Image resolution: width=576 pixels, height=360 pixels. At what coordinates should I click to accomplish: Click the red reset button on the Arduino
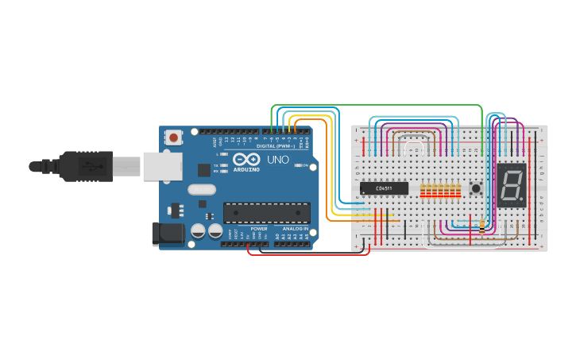(173, 137)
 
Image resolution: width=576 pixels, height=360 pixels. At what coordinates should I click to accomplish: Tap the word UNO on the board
(277, 160)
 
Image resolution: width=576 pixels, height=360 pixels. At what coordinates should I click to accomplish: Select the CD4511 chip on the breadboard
(384, 188)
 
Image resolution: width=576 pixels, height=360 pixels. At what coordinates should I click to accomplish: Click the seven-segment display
(512, 185)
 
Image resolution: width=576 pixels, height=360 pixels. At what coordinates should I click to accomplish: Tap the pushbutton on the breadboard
(476, 188)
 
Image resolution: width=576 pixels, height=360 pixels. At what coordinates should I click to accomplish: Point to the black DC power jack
(165, 233)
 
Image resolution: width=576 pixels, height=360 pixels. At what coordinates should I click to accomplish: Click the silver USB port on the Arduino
(162, 167)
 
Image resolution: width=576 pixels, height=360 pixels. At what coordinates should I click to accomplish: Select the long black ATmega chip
(266, 212)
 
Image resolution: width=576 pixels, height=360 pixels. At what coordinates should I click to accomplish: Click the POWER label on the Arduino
(259, 228)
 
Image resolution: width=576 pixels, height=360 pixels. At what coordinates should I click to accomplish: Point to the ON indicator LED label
(303, 165)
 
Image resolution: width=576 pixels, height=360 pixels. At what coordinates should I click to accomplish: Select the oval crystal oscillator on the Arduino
(202, 190)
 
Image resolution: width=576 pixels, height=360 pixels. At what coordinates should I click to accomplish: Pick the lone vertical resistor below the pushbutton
(482, 226)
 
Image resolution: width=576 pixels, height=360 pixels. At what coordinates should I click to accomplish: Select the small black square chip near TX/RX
(204, 169)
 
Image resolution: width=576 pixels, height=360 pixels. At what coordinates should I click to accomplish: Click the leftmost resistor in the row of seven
(423, 191)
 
